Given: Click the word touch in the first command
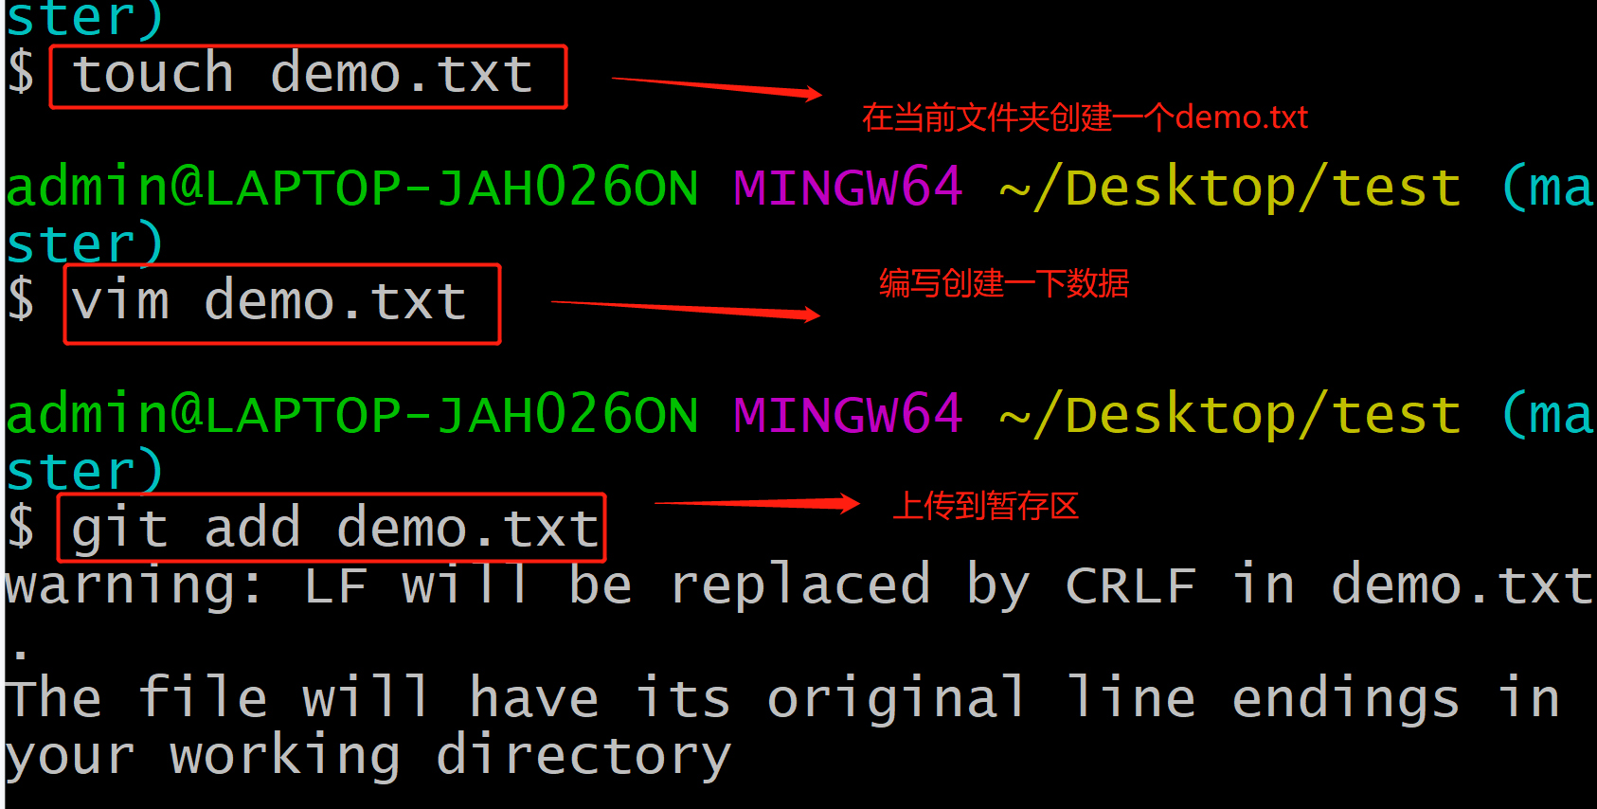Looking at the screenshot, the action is tap(153, 75).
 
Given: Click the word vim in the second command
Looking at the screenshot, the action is tap(120, 302).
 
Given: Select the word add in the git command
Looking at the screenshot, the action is tap(252, 528).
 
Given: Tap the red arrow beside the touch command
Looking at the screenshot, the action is tap(716, 88).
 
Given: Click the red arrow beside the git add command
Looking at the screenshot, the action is tap(757, 504).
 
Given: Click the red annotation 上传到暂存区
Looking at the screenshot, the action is tap(985, 506).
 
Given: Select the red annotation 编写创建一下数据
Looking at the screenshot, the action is tap(1004, 283).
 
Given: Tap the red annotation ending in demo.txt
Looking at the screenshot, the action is tap(1085, 117).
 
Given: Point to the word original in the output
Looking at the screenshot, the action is tap(896, 699).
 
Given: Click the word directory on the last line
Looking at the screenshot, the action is tap(583, 757).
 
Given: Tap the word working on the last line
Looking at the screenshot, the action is tap(284, 757).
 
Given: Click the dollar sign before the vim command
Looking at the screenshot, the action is tap(21, 300).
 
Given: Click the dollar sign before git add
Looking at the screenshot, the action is tap(21, 528).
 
